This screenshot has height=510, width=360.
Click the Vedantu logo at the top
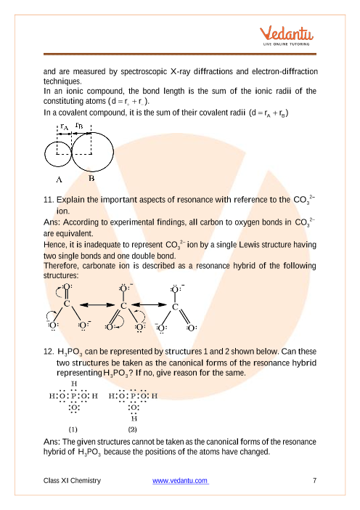coord(286,36)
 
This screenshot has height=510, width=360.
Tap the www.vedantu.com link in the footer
coord(180,480)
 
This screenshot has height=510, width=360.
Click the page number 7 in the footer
coord(314,480)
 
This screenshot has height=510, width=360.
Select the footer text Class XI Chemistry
coord(72,480)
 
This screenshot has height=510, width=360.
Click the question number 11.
coord(49,199)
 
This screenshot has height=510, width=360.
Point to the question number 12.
coord(49,352)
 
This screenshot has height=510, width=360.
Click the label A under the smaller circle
coord(59,179)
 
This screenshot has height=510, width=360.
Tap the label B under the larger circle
coord(91,178)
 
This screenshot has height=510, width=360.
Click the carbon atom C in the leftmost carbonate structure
coord(67,304)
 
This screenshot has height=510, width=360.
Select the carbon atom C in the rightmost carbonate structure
coord(175,307)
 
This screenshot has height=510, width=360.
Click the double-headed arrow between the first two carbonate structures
coord(97,304)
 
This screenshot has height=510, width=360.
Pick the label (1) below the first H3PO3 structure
coord(73,429)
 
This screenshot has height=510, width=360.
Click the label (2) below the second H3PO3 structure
coord(132,429)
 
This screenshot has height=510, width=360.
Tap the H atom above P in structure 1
coord(74,384)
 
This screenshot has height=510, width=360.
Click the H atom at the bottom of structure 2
coord(134,418)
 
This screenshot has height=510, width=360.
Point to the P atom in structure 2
coord(134,396)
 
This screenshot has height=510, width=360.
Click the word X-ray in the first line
coord(180,71)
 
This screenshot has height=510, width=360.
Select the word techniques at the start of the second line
coord(62,81)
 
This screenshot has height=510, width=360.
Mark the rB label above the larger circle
coord(79,125)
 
